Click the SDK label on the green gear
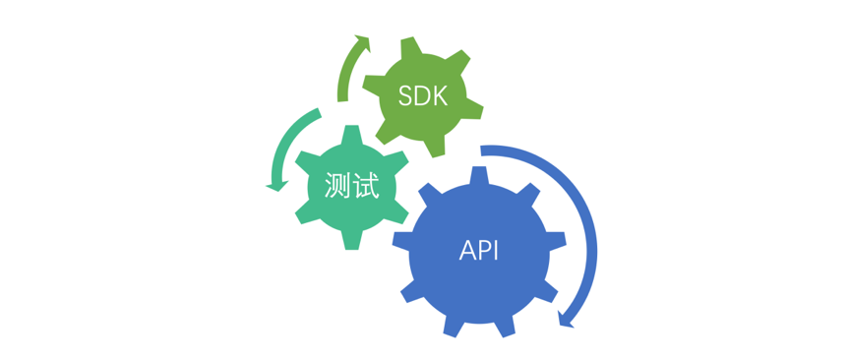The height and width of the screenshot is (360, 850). click(x=423, y=96)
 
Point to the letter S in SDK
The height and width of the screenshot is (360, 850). click(x=405, y=96)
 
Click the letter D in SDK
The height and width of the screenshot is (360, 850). click(x=422, y=96)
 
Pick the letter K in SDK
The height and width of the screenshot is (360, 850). click(x=440, y=96)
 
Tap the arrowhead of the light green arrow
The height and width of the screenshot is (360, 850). click(x=363, y=41)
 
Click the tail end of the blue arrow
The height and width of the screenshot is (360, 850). click(x=483, y=150)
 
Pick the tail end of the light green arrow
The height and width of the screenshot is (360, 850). click(x=341, y=97)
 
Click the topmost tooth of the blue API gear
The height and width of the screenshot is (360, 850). click(x=480, y=174)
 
